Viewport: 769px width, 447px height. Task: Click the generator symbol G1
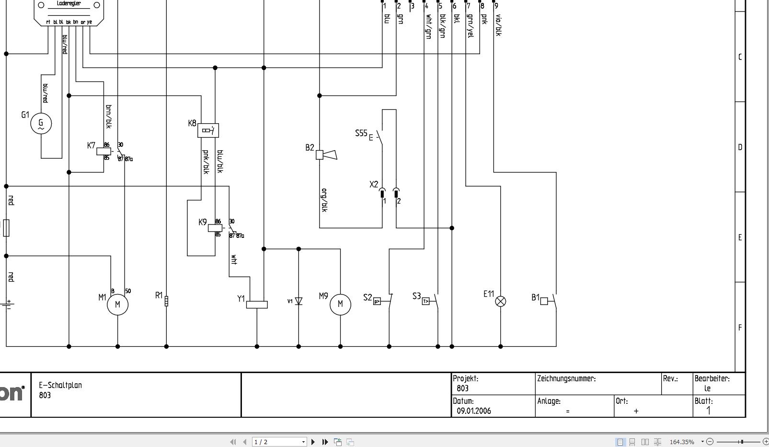point(41,124)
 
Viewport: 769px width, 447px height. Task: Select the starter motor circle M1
point(118,305)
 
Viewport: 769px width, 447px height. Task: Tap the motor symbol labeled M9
point(340,305)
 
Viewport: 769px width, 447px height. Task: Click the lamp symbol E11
point(500,301)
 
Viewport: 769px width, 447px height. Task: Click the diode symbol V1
point(298,301)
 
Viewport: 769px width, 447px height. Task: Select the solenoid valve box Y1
point(257,305)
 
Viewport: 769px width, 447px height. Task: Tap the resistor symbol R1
point(166,301)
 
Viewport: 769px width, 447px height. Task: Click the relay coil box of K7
point(103,151)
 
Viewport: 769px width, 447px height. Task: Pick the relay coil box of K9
point(215,228)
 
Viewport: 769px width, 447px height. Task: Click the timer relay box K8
point(208,130)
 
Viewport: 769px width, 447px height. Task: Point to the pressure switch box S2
point(377,302)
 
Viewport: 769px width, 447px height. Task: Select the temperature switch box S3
point(426,302)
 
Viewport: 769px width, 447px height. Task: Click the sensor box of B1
point(544,301)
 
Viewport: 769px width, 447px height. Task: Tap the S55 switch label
point(361,133)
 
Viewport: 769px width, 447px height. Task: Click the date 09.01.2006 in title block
point(473,411)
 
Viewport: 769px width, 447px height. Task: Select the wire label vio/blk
point(498,25)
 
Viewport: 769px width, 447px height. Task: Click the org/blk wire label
point(324,200)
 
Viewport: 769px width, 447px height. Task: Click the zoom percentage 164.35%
point(681,442)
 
